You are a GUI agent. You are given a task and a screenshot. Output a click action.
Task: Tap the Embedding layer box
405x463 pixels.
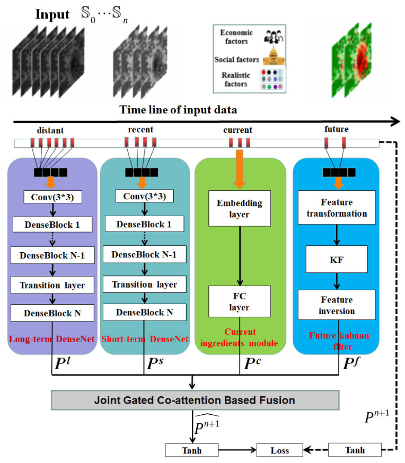(240, 209)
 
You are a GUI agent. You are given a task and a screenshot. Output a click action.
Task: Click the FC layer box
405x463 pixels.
(240, 301)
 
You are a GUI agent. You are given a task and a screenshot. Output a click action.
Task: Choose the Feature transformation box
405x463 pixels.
(336, 208)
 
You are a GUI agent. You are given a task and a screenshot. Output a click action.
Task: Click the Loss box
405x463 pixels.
(279, 450)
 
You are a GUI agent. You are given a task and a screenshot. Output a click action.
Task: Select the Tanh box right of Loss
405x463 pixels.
(355, 450)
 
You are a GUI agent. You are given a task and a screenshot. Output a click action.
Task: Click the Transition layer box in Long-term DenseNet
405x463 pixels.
(52, 286)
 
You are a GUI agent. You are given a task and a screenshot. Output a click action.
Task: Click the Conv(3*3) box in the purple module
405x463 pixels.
(52, 197)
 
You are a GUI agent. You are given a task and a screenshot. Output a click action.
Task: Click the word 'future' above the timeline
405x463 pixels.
(336, 129)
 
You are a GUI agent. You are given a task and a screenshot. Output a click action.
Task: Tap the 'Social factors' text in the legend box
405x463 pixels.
(237, 60)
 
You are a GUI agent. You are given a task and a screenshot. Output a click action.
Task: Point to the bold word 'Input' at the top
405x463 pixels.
(52, 14)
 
